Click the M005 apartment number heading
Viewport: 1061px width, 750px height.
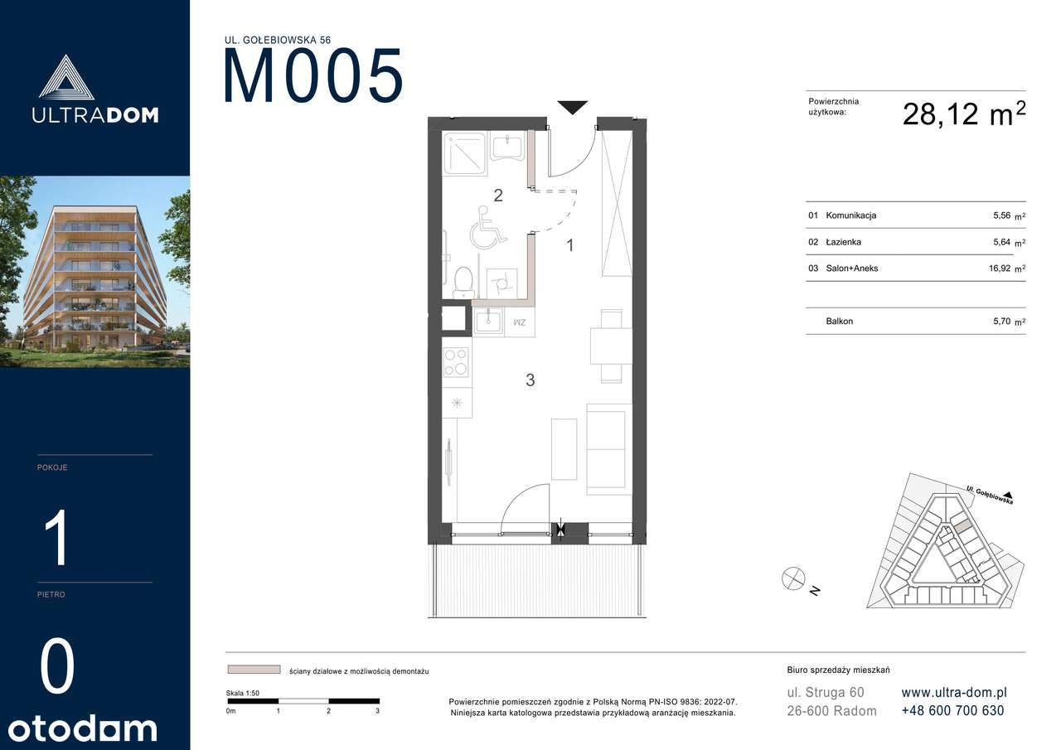[x=313, y=76]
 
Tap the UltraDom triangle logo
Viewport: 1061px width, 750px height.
[x=65, y=77]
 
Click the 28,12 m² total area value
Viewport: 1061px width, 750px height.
[x=964, y=114]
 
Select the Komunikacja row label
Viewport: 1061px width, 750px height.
[x=850, y=215]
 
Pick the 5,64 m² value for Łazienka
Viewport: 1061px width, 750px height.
[x=1009, y=243]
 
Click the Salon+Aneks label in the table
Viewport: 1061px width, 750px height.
[x=851, y=269]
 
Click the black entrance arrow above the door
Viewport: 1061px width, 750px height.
[x=572, y=106]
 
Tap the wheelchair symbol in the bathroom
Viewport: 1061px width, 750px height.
[x=487, y=228]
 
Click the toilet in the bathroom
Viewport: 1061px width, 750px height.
[x=463, y=283]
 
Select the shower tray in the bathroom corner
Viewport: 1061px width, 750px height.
[x=465, y=153]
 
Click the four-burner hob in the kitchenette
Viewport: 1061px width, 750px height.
[x=456, y=362]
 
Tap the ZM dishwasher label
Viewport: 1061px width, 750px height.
[x=520, y=322]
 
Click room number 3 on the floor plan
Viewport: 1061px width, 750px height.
[x=530, y=380]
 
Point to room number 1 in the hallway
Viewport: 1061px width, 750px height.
[x=570, y=245]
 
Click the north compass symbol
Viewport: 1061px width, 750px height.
[x=793, y=578]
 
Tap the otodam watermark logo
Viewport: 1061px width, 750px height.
[x=82, y=728]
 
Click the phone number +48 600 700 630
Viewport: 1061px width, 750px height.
[x=952, y=711]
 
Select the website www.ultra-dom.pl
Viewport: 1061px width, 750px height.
[x=954, y=692]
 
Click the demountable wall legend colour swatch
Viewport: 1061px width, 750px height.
[x=254, y=670]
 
